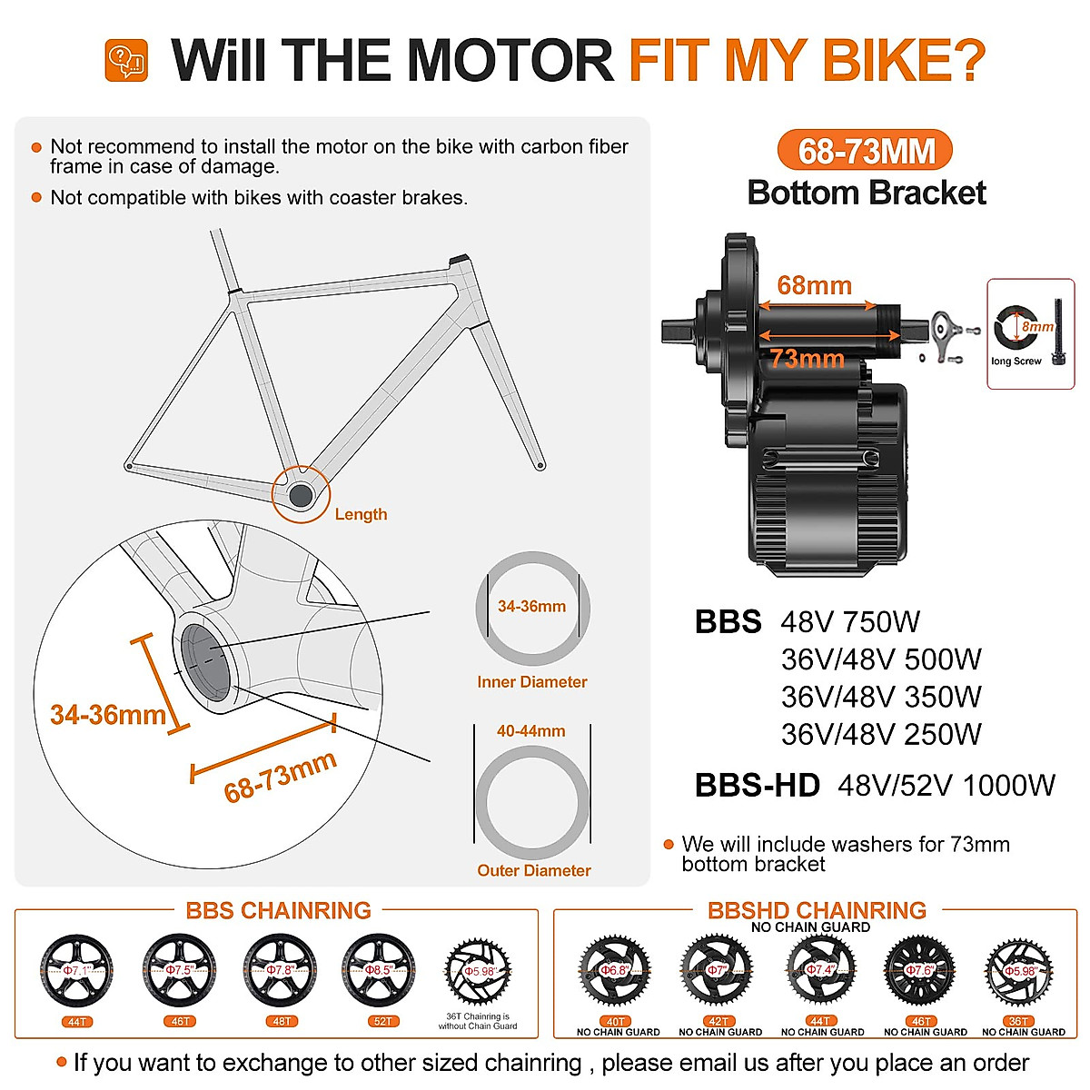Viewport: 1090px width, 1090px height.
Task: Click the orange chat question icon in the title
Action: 126,60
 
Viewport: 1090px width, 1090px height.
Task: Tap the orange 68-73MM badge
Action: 865,151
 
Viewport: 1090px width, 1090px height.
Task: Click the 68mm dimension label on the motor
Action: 814,285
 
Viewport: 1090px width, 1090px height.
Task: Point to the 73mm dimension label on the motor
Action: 807,359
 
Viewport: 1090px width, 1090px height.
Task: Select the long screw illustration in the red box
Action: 1057,332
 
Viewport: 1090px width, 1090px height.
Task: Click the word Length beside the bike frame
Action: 361,514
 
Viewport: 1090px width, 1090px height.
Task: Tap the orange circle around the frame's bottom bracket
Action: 301,495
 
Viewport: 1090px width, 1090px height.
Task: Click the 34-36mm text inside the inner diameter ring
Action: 531,606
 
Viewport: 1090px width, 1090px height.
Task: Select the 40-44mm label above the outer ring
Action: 530,731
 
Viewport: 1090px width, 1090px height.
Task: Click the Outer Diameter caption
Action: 533,870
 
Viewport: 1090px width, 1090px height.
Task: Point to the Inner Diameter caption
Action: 532,682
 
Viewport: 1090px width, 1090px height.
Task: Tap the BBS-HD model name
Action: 757,785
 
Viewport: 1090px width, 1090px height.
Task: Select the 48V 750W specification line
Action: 850,622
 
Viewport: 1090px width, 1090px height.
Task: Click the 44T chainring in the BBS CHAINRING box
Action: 77,971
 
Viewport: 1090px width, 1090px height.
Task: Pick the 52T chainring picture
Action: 380,971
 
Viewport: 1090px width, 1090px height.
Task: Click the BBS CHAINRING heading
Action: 278,910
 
